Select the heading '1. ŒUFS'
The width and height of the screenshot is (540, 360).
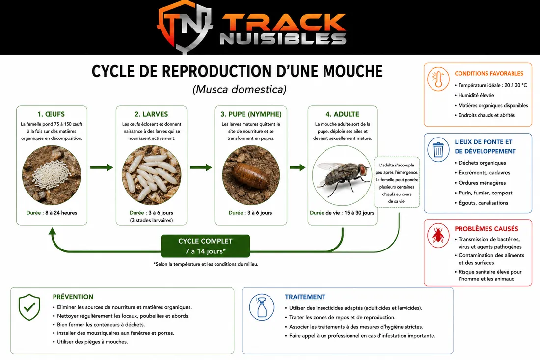coord(51,114)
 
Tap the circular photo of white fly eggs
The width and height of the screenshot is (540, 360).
coord(52,175)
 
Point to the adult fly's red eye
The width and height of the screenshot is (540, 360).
coord(363,169)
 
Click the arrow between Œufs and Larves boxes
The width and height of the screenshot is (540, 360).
coord(102,168)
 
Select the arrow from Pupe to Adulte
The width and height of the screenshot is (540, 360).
coord(297,168)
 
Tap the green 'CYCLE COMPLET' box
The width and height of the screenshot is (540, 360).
coord(205,246)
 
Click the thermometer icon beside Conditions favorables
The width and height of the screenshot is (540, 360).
coord(438,79)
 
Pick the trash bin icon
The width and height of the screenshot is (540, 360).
coord(438,149)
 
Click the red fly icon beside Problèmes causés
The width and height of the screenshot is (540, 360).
coord(438,235)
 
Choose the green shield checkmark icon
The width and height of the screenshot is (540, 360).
coord(29,307)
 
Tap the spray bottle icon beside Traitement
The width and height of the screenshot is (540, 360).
coord(262,307)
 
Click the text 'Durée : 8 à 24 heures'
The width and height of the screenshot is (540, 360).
coord(52,213)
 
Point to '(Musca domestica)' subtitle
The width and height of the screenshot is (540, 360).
coord(240,89)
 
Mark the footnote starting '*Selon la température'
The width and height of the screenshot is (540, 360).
coord(206,264)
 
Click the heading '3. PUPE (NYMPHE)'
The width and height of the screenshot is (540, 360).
coord(251,114)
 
